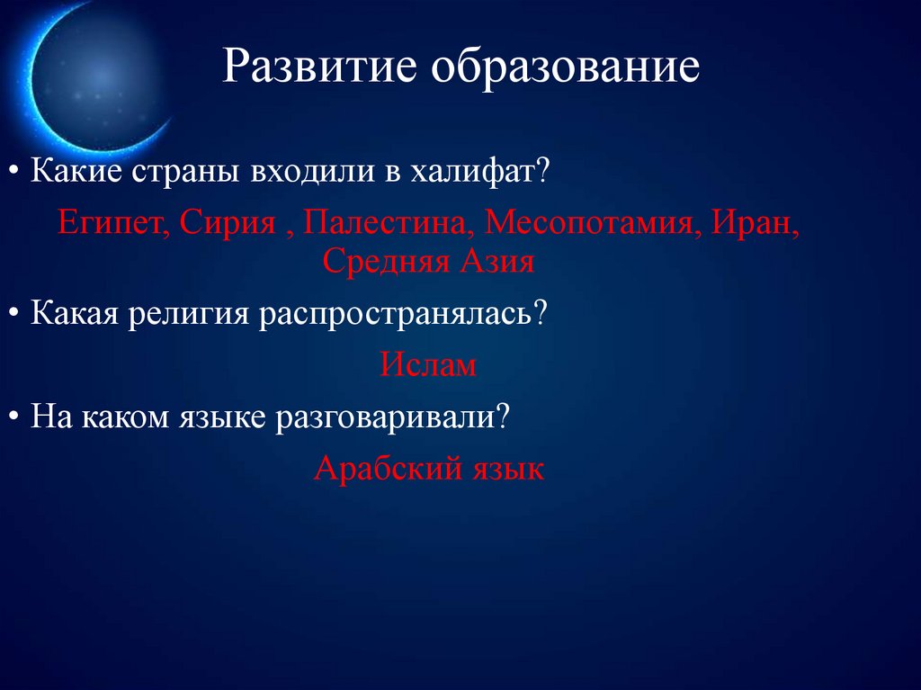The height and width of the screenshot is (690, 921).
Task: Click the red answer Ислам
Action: (x=427, y=364)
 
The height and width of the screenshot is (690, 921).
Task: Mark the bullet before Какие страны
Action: (x=18, y=171)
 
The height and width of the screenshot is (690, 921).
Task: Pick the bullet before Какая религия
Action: (x=18, y=316)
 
